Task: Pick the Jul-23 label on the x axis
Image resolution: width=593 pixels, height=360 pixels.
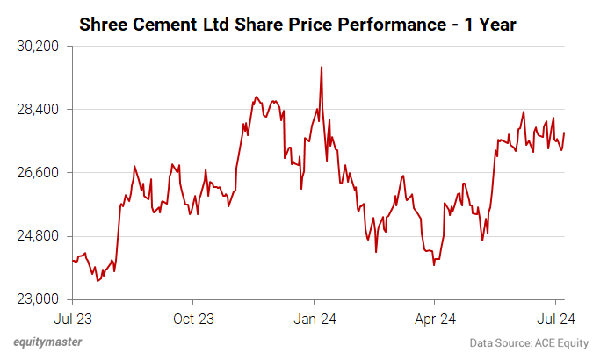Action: [72, 318]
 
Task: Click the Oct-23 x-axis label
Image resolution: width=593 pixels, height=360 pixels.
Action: [193, 318]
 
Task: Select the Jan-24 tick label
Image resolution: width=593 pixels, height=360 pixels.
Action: [315, 318]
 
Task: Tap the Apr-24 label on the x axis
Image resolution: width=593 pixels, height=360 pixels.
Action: [435, 318]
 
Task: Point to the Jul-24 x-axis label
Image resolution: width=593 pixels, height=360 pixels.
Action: [555, 318]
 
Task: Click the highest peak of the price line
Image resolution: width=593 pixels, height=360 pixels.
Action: [322, 67]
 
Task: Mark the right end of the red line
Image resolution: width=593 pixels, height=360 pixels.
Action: [564, 133]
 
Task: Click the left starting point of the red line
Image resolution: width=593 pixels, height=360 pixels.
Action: [72, 260]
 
